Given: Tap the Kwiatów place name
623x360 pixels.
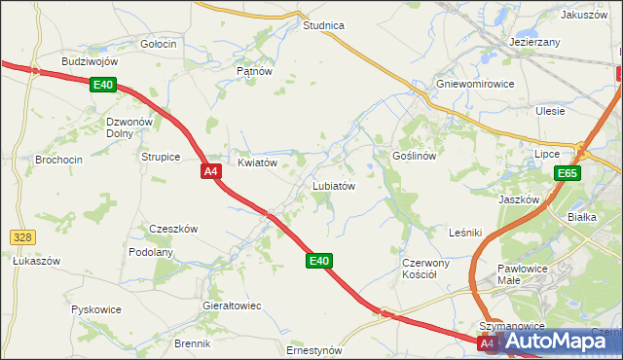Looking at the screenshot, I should (x=259, y=162).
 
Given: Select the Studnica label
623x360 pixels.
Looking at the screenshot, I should (x=324, y=25).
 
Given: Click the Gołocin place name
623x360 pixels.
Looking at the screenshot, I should (x=159, y=44).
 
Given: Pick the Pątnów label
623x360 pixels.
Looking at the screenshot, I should (x=253, y=71).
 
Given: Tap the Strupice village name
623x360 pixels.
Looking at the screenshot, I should (x=161, y=156).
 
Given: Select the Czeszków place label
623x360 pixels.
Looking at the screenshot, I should (x=173, y=229).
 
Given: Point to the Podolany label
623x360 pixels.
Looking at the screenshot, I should (x=151, y=252).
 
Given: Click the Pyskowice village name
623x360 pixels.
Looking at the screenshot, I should (x=96, y=309).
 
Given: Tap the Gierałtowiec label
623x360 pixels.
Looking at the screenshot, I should (x=232, y=306).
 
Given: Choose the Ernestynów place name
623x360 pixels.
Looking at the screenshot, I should (x=314, y=349).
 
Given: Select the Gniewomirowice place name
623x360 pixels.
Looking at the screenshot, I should (x=475, y=84).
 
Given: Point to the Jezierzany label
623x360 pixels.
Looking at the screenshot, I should (x=534, y=43).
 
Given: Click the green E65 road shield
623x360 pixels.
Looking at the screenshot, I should (x=568, y=173).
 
